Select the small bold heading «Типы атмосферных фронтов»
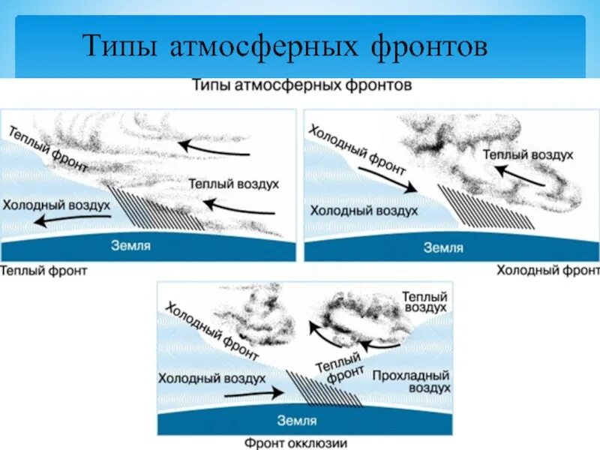click(301, 85)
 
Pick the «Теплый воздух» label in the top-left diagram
click(234, 183)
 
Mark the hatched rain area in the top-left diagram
click(160, 210)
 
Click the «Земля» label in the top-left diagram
click(131, 245)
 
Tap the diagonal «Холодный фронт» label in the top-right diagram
click(356, 150)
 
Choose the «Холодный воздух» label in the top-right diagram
click(364, 211)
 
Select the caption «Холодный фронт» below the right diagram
click(547, 269)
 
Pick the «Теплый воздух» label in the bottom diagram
click(424, 301)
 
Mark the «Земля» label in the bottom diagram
click(296, 421)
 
